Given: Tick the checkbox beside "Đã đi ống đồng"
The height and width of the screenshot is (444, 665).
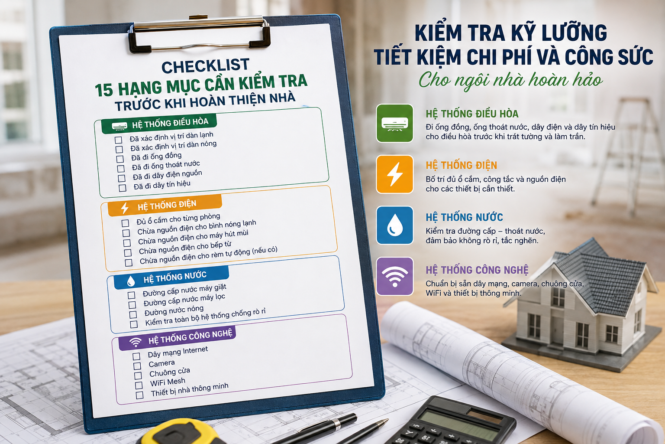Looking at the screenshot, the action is (x=120, y=159).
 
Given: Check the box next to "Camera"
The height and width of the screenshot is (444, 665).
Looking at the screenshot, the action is (x=137, y=366).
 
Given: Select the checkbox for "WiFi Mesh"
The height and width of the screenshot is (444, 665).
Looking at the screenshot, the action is (x=139, y=385).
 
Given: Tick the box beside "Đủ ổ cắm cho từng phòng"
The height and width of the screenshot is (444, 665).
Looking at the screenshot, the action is (x=125, y=223).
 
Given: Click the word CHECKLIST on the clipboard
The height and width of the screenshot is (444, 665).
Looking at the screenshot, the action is (x=206, y=66).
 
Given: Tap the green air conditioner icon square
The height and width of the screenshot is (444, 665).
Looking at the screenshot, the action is (x=394, y=123).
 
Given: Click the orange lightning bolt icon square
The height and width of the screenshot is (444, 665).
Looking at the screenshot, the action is (x=394, y=174).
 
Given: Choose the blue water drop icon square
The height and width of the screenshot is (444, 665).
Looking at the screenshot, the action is (x=394, y=225).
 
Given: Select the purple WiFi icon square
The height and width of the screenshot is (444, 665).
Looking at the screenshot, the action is (x=394, y=276).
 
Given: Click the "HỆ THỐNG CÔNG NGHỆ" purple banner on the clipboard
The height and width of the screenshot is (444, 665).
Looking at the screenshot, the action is (x=177, y=339).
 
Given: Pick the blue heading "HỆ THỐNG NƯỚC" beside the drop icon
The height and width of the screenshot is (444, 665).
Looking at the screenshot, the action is (x=464, y=217).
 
